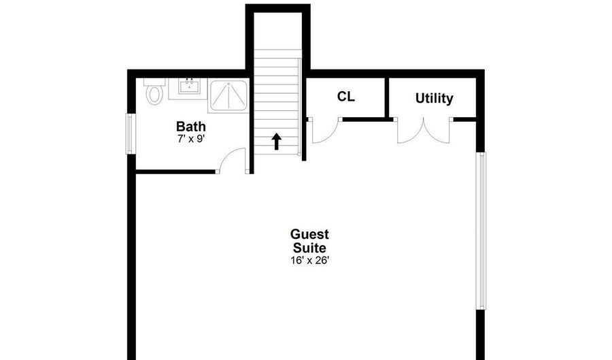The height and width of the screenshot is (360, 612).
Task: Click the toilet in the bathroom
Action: pyautogui.click(x=154, y=91)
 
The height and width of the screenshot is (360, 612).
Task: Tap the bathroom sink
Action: pyautogui.click(x=189, y=86)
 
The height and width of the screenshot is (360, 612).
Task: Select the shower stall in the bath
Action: pyautogui.click(x=228, y=96)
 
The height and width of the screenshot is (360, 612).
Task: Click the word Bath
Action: pyautogui.click(x=191, y=127)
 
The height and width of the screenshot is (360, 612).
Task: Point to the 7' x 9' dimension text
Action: pyautogui.click(x=191, y=139)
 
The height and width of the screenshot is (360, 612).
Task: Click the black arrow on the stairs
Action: pyautogui.click(x=277, y=142)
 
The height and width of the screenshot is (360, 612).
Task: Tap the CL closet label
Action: pyautogui.click(x=346, y=97)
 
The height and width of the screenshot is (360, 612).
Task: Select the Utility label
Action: pyautogui.click(x=434, y=98)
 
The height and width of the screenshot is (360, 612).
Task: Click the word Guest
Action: pyautogui.click(x=309, y=234)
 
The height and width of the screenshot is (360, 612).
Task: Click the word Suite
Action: pyautogui.click(x=309, y=248)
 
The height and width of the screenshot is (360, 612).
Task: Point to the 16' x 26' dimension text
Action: pyautogui.click(x=309, y=261)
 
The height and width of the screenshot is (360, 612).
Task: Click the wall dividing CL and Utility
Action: pyautogui.click(x=387, y=97)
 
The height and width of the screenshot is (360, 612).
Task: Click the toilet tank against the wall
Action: pyautogui.click(x=154, y=82)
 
